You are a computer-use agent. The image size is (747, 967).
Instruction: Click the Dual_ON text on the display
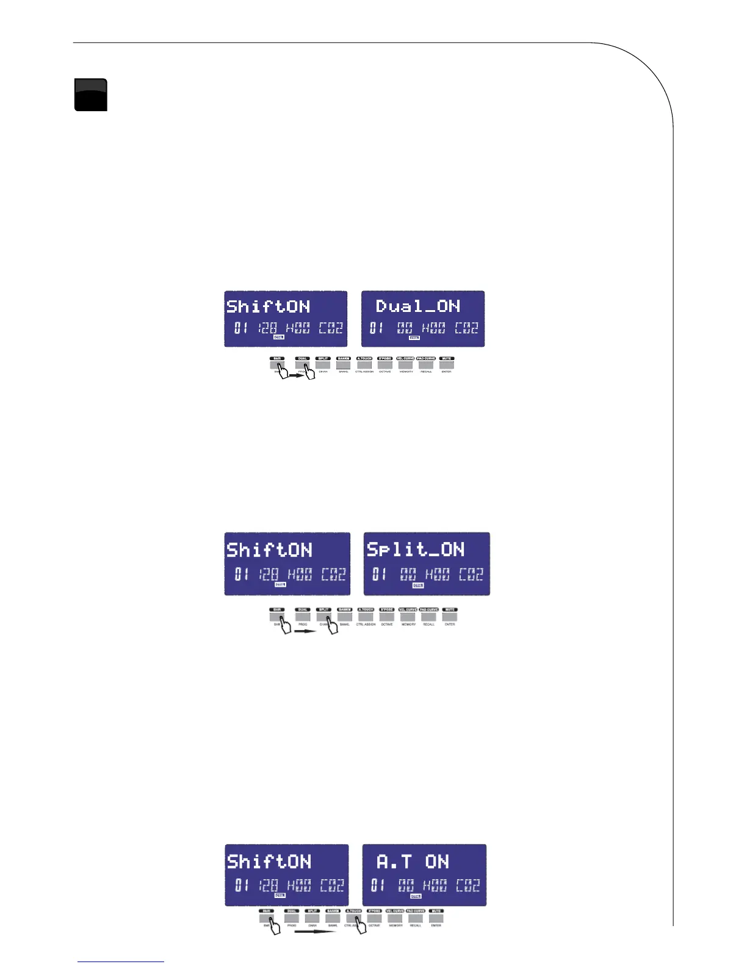coord(418,306)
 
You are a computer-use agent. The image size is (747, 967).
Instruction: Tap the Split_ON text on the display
coord(416,549)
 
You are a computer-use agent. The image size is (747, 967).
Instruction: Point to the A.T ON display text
coord(413,861)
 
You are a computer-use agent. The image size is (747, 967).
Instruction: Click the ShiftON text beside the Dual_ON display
coord(268,306)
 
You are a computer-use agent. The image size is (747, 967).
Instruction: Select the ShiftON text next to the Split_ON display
coord(269,549)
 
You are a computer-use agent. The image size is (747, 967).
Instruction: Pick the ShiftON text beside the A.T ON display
coord(269,861)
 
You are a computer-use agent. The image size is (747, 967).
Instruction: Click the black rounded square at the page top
coord(91,95)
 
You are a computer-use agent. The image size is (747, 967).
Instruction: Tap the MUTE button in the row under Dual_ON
coord(447,364)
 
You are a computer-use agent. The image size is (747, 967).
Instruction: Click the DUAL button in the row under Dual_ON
coord(303,364)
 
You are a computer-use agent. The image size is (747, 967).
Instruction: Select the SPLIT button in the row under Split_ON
coord(323,616)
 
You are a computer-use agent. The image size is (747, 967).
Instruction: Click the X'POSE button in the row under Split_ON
coord(386,616)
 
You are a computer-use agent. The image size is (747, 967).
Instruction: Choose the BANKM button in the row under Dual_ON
coord(344,364)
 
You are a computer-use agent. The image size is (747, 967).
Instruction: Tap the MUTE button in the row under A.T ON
coord(436,918)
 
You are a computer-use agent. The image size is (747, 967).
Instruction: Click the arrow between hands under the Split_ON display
coord(305,631)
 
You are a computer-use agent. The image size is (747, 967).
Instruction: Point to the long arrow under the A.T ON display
coord(314,932)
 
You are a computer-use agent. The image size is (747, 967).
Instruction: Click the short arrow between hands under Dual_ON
coord(296,376)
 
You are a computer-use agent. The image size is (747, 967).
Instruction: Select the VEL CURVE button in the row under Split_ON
coord(408,616)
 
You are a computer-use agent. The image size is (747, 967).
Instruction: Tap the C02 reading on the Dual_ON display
coord(467,328)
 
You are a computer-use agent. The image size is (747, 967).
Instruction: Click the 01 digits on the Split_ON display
coord(379,574)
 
